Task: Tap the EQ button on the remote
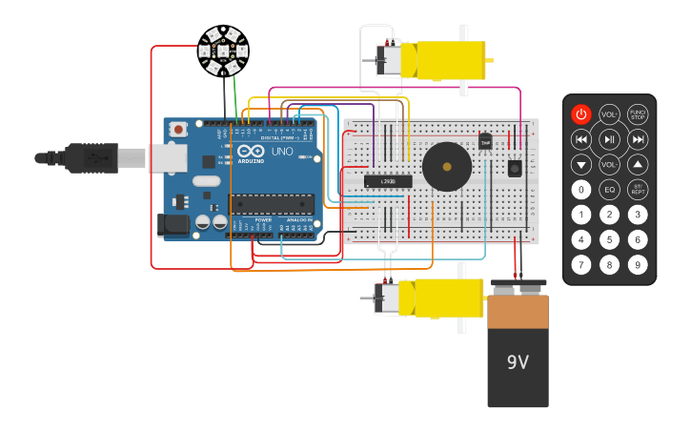609,189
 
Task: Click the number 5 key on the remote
609,239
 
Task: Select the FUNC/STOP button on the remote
638,114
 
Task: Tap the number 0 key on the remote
580,189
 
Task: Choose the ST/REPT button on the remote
638,189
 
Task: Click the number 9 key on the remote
638,264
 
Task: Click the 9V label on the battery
518,362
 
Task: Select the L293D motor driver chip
388,181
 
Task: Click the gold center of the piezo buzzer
446,167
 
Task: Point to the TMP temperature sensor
485,142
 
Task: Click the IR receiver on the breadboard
515,168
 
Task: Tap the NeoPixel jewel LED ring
223,51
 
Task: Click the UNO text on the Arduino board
282,152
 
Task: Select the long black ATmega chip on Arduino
272,203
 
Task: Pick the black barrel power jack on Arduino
173,225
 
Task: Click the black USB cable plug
91,157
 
